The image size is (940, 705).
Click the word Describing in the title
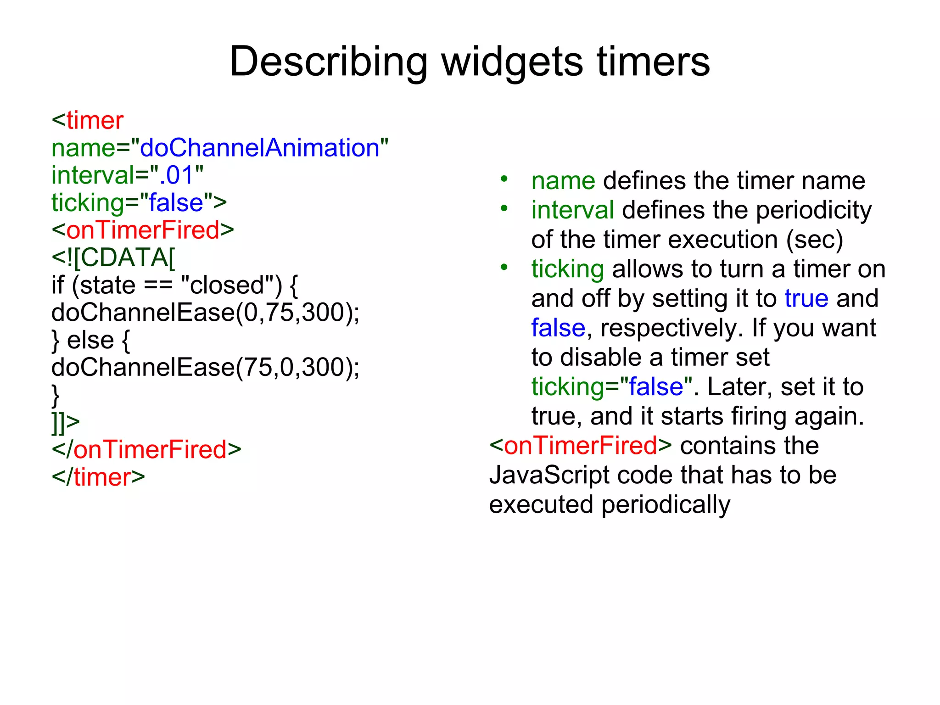click(x=328, y=62)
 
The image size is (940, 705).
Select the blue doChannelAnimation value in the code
click(x=259, y=148)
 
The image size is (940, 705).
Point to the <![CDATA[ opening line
click(x=113, y=257)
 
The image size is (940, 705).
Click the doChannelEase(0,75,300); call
click(x=205, y=313)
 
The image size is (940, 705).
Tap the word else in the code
click(x=90, y=341)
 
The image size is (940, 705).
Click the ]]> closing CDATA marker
click(x=65, y=422)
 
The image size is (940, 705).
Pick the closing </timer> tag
click(x=98, y=477)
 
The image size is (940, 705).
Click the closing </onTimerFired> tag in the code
click(x=146, y=450)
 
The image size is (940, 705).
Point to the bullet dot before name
click(x=504, y=179)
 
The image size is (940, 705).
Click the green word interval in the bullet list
click(x=572, y=210)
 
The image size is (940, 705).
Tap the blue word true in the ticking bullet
click(x=806, y=299)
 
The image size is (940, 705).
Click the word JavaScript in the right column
click(x=549, y=475)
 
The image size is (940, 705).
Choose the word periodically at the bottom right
click(x=666, y=505)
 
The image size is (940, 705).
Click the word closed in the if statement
click(x=227, y=285)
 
